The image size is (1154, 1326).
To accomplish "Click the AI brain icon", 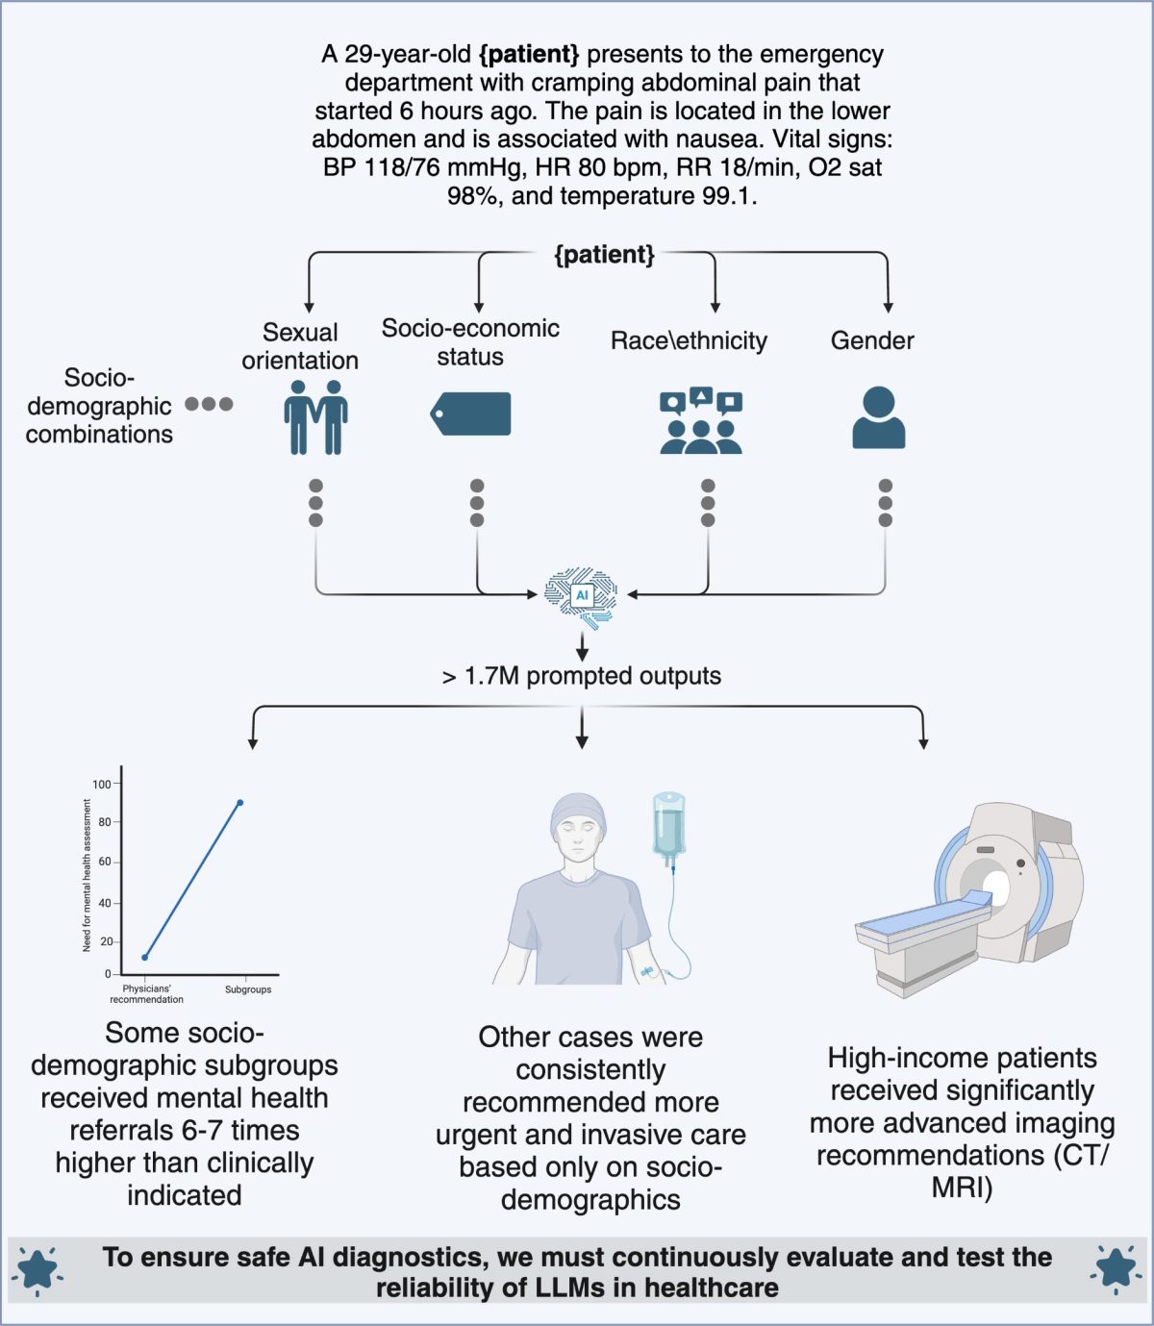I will click(581, 596).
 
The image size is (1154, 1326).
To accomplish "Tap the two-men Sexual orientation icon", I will click(315, 416).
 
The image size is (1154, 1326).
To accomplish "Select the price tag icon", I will click(471, 413).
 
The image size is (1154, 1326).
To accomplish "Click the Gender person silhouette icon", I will click(878, 417).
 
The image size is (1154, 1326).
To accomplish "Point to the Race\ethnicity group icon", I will click(701, 421).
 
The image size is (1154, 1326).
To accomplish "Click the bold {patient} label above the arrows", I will click(604, 255).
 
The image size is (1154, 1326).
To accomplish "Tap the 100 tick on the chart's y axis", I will click(102, 784).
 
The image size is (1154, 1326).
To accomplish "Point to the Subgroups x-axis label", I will click(248, 989).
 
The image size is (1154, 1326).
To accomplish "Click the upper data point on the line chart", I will click(239, 802).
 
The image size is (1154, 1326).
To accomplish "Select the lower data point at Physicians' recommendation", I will click(145, 957).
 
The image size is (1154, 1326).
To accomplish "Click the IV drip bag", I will click(668, 827).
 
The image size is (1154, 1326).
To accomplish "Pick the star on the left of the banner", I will click(38, 1269).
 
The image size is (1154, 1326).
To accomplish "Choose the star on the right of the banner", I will click(1116, 1269).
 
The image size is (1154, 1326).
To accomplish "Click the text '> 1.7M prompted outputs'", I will click(581, 676).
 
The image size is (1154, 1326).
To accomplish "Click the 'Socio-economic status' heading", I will click(470, 342).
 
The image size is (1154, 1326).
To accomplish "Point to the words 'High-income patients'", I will click(962, 1058).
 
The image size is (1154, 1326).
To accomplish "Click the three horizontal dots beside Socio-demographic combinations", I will click(209, 404).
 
